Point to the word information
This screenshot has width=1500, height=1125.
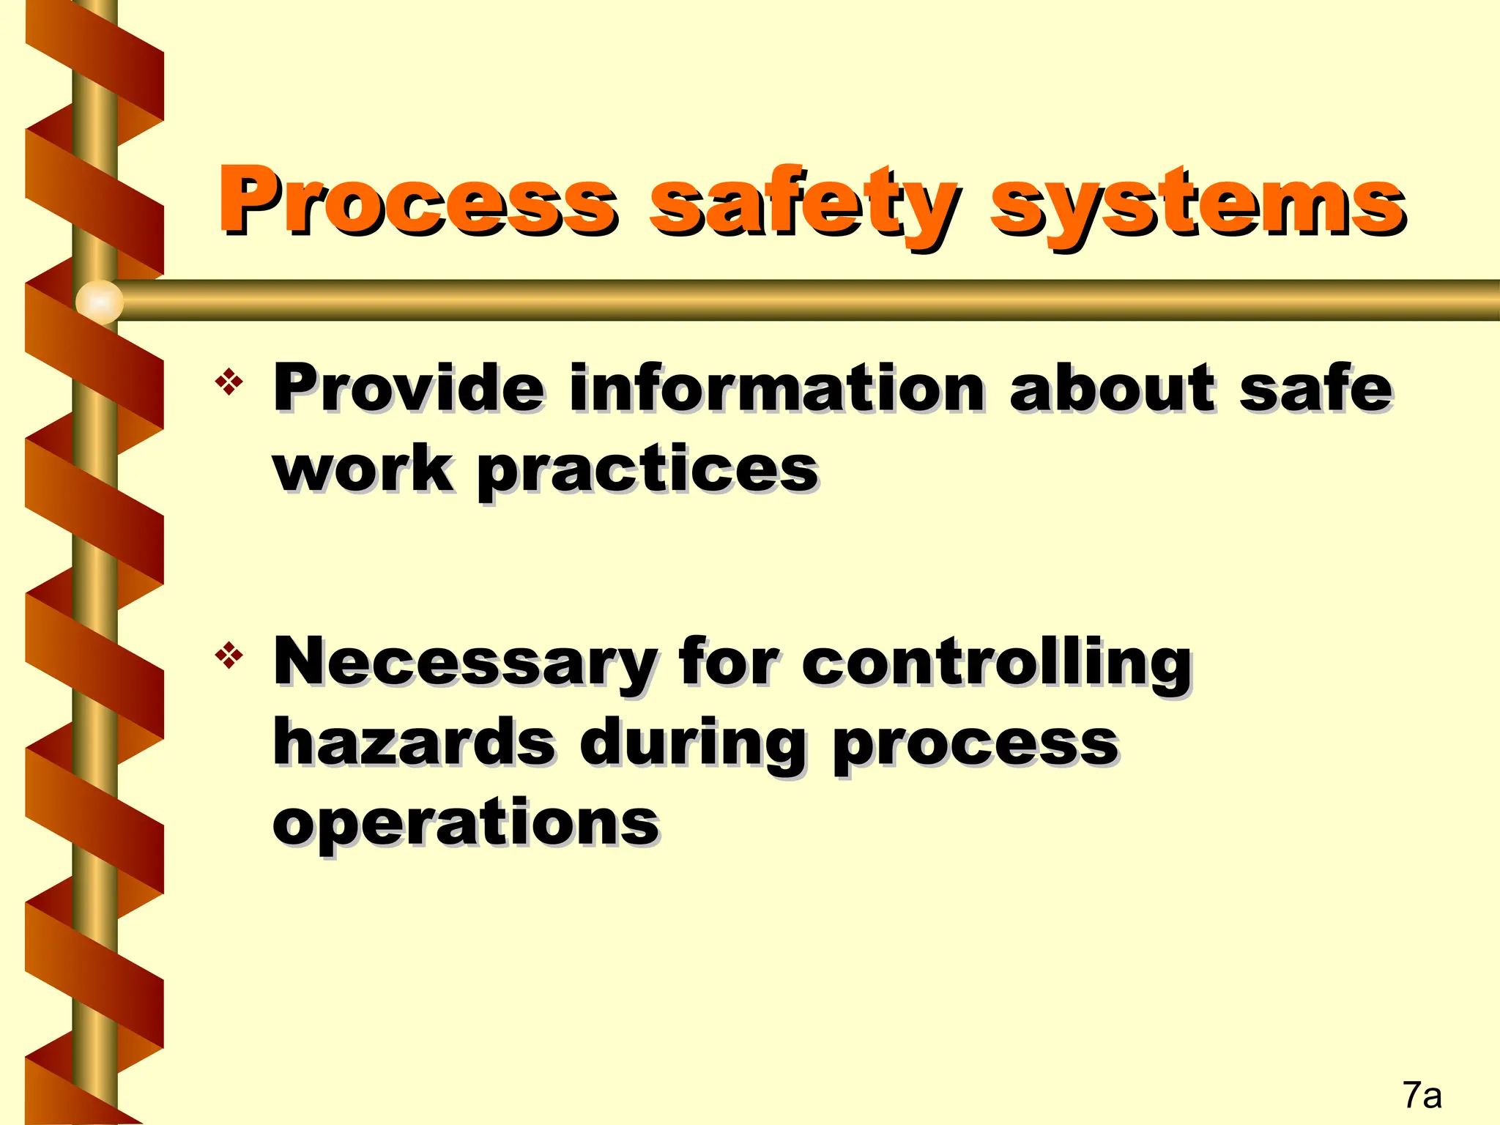point(777,387)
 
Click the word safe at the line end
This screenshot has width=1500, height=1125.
point(1315,387)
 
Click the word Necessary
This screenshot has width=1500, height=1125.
point(464,663)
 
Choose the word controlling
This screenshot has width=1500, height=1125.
point(997,663)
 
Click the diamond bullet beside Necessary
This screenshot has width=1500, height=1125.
point(229,655)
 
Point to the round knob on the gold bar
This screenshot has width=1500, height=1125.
point(100,301)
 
